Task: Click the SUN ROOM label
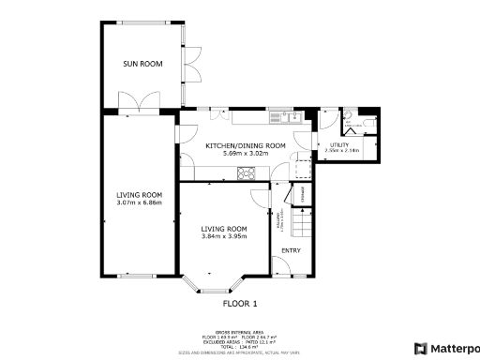click(x=142, y=64)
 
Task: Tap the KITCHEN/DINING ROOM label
click(x=247, y=145)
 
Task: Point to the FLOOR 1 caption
click(x=240, y=304)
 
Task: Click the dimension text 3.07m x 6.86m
click(x=139, y=202)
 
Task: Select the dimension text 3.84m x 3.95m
click(x=223, y=236)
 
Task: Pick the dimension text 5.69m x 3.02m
click(x=247, y=153)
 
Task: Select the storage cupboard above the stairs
click(x=302, y=194)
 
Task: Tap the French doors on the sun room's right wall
click(x=191, y=71)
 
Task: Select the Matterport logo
click(x=447, y=348)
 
